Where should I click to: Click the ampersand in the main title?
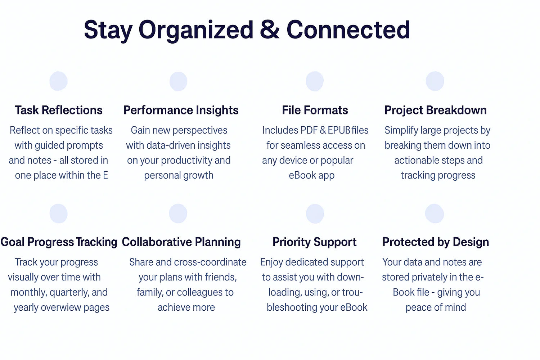270,30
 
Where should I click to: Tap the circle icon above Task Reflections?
59,81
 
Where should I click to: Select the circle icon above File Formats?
315,81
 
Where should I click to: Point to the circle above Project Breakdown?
435,81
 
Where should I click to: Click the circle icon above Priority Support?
315,213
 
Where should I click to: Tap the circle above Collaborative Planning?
178,213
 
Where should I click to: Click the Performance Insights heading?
181,110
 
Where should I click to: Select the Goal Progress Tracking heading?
59,242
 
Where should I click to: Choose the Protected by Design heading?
436,242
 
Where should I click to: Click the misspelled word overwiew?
61,307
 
